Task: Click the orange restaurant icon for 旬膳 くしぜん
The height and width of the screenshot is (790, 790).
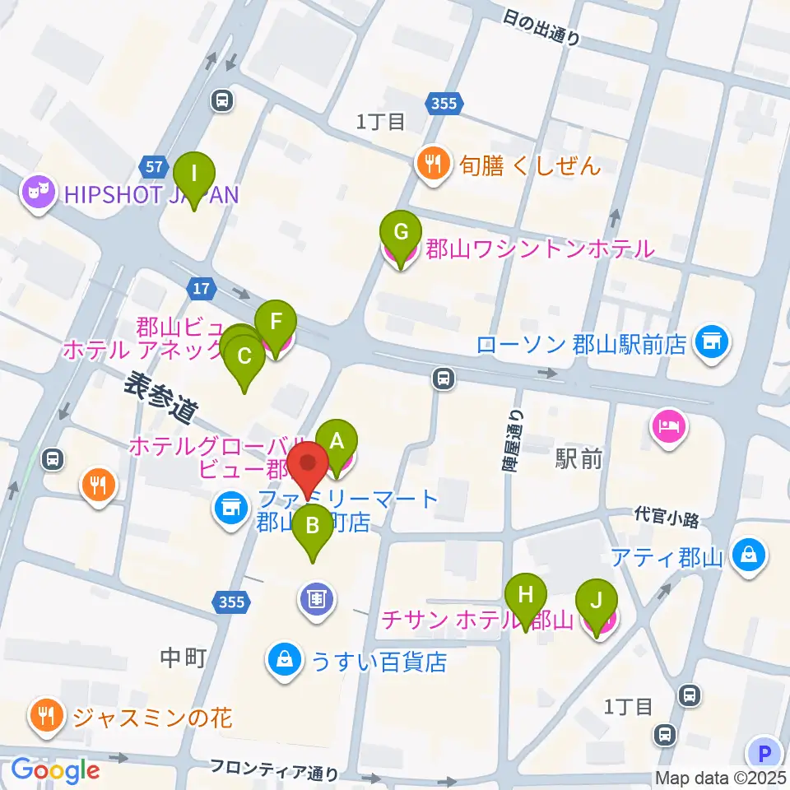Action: pos(433,164)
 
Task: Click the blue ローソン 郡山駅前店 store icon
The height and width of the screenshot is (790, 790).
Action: pos(711,342)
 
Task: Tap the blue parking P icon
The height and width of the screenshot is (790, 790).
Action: pos(764,753)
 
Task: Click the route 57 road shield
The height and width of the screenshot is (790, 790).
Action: pos(153,166)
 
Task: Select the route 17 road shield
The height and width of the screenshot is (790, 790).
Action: pos(201,288)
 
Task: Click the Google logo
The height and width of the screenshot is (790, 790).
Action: pos(55,769)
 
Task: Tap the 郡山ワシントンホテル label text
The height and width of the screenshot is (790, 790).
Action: pos(539,248)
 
